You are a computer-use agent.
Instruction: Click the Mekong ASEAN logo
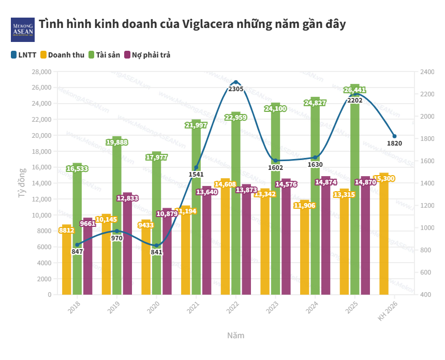23,30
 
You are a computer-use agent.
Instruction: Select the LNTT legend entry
23,54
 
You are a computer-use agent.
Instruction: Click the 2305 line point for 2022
236,82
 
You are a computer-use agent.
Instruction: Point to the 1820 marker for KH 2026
394,136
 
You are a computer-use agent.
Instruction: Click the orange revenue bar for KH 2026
384,233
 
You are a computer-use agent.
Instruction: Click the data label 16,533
77,168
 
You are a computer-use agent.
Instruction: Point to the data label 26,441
355,90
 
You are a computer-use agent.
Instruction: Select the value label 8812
66,230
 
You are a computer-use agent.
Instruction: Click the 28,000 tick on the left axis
42,71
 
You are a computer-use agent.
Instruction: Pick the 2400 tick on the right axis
427,71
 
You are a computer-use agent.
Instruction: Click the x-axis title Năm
236,335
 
